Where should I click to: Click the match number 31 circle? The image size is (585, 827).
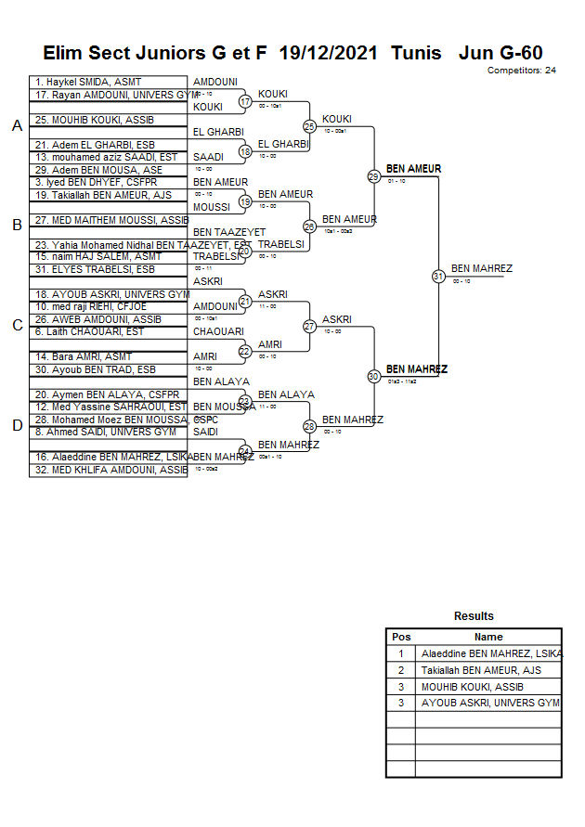click(438, 276)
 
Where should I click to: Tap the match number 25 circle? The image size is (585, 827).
click(309, 126)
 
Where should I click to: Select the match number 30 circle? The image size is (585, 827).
click(373, 376)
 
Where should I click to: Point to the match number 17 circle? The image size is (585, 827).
click(245, 101)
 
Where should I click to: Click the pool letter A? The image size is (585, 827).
click(16, 126)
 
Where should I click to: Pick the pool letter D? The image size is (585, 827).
click(16, 426)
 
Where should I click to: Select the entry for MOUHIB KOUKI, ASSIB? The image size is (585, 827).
click(94, 120)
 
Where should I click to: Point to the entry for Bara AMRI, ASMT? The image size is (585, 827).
click(84, 356)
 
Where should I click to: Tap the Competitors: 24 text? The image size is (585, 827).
click(521, 71)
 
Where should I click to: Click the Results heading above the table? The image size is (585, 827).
click(474, 616)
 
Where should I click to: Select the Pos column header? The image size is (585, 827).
click(401, 637)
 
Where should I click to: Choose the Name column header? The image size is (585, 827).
click(488, 637)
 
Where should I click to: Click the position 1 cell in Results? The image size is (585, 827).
click(401, 653)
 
